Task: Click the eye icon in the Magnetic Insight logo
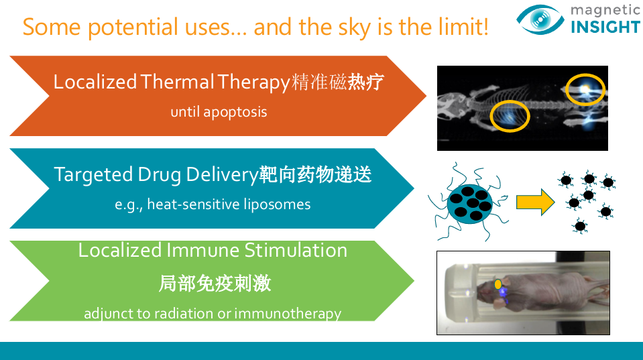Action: [540, 19]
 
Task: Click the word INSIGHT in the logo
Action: [605, 27]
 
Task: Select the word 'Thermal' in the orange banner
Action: [177, 82]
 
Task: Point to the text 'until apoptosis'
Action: [219, 112]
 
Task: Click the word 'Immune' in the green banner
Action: [202, 250]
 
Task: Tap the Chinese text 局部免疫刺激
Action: [215, 284]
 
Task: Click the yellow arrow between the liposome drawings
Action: [535, 202]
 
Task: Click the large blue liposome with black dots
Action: [470, 204]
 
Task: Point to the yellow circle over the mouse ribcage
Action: [510, 116]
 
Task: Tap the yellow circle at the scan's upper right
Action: [585, 89]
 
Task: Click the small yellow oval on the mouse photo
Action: [498, 284]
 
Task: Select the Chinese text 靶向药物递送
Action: [315, 175]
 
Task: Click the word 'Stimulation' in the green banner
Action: [296, 250]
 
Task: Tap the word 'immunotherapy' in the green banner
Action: [288, 314]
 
